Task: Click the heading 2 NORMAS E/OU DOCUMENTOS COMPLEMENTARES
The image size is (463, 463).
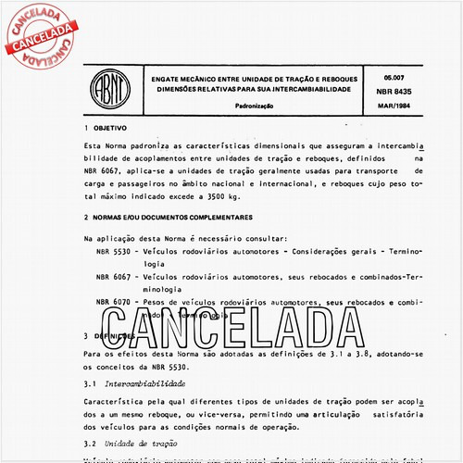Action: (x=168, y=217)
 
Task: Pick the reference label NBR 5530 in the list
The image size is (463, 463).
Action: (x=114, y=252)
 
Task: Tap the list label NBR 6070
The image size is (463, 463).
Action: (x=114, y=303)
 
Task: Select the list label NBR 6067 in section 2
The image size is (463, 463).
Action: (x=114, y=277)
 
